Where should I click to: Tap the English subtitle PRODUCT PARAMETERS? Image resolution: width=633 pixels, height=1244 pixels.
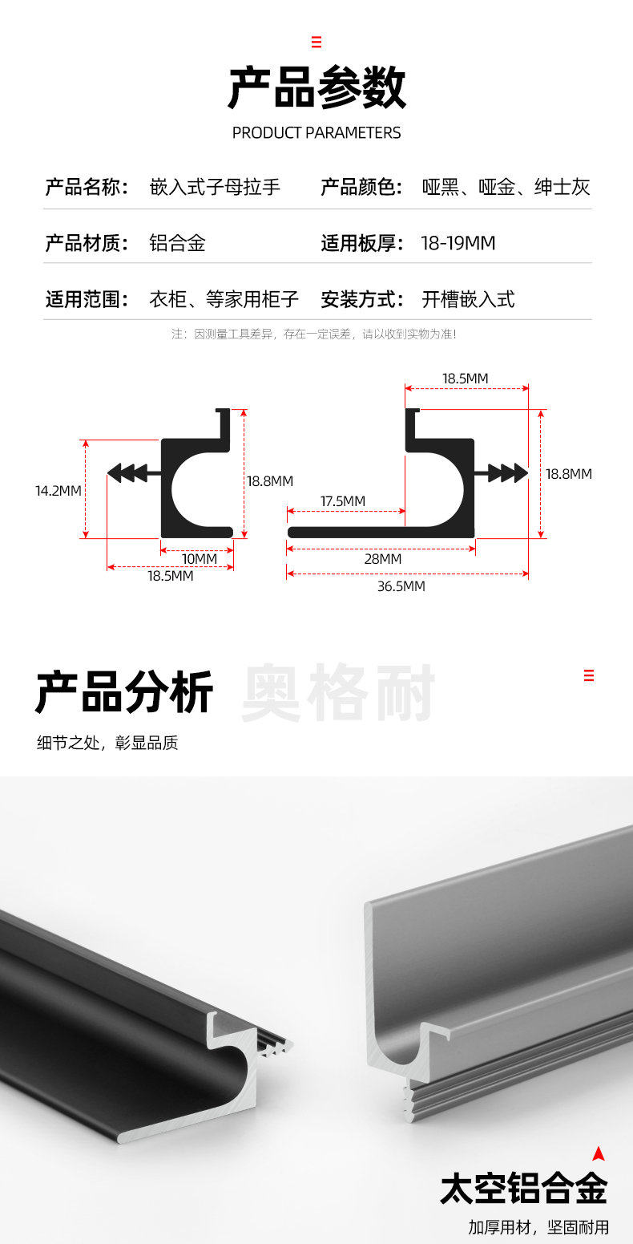click(316, 132)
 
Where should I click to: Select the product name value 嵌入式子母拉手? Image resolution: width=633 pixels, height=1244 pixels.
click(215, 188)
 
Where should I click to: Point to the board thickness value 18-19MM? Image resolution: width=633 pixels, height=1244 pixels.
click(458, 243)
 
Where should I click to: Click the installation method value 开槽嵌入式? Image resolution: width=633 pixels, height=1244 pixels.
click(468, 300)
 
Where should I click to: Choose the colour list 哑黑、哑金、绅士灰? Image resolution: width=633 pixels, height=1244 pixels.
click(506, 188)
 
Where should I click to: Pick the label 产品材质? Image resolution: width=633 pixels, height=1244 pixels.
click(87, 243)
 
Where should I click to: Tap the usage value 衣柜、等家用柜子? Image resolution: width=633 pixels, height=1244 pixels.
click(224, 300)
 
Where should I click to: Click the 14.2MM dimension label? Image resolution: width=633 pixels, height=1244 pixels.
click(58, 490)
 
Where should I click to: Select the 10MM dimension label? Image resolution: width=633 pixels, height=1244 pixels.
click(200, 558)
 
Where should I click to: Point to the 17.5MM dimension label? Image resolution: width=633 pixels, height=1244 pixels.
click(343, 501)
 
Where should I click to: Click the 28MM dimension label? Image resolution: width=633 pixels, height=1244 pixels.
click(382, 559)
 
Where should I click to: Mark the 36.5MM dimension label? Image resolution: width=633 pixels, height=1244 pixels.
click(401, 586)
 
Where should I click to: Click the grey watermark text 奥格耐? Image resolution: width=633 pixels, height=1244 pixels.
click(338, 693)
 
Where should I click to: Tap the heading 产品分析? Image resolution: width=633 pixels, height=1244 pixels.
click(124, 693)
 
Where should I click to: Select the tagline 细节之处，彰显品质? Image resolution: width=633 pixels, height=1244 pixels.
click(107, 743)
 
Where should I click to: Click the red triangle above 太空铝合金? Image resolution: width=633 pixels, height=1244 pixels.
click(598, 1154)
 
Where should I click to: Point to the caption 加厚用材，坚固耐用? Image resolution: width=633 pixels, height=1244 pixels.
click(538, 1226)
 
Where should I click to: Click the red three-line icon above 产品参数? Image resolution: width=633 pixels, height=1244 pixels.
click(316, 42)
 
